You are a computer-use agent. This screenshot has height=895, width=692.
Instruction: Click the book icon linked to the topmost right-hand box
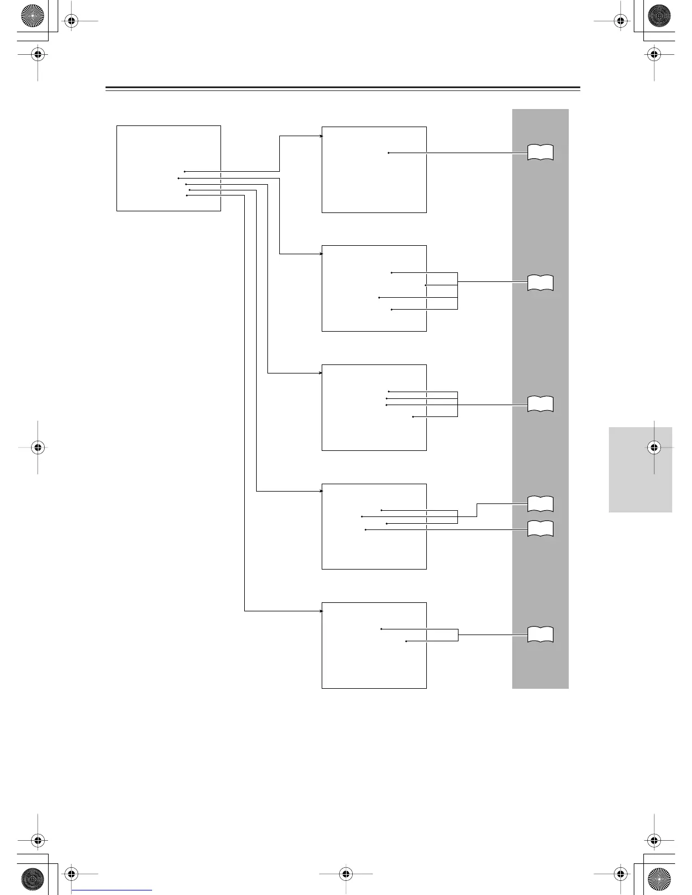click(x=540, y=153)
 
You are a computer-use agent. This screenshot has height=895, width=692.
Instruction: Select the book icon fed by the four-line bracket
click(x=540, y=283)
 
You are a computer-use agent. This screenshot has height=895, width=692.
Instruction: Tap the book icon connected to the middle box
click(x=540, y=404)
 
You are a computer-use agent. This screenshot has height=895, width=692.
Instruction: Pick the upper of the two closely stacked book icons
click(x=540, y=503)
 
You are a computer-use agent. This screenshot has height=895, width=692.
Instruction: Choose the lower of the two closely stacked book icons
click(x=540, y=529)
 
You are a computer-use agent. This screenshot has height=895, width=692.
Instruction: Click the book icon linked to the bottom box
click(x=540, y=635)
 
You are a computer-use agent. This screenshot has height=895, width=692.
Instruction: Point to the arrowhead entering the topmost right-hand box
click(x=321, y=136)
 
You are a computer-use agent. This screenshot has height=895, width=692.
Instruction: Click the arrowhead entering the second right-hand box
click(x=321, y=254)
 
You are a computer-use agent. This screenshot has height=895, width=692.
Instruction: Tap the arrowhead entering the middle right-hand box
click(x=321, y=373)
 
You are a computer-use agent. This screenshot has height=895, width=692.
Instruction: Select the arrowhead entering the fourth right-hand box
click(x=321, y=491)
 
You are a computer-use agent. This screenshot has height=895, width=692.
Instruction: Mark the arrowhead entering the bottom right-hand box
click(x=321, y=611)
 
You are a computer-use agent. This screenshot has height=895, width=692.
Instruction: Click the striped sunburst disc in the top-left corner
click(x=32, y=16)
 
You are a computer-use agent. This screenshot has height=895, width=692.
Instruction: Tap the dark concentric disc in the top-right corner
click(x=659, y=16)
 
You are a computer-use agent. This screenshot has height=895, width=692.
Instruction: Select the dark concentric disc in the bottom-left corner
click(x=32, y=879)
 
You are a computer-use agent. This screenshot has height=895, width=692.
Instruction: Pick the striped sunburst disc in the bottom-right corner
click(x=659, y=879)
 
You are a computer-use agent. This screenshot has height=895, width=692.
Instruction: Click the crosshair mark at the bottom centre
click(x=346, y=874)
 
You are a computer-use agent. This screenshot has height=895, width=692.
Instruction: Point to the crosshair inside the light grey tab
click(x=654, y=447)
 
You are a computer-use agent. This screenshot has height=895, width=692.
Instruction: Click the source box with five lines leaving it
click(x=168, y=168)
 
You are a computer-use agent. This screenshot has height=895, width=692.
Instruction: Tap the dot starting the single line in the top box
click(x=389, y=153)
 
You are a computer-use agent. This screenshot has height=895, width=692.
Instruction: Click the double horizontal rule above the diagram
click(x=343, y=89)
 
